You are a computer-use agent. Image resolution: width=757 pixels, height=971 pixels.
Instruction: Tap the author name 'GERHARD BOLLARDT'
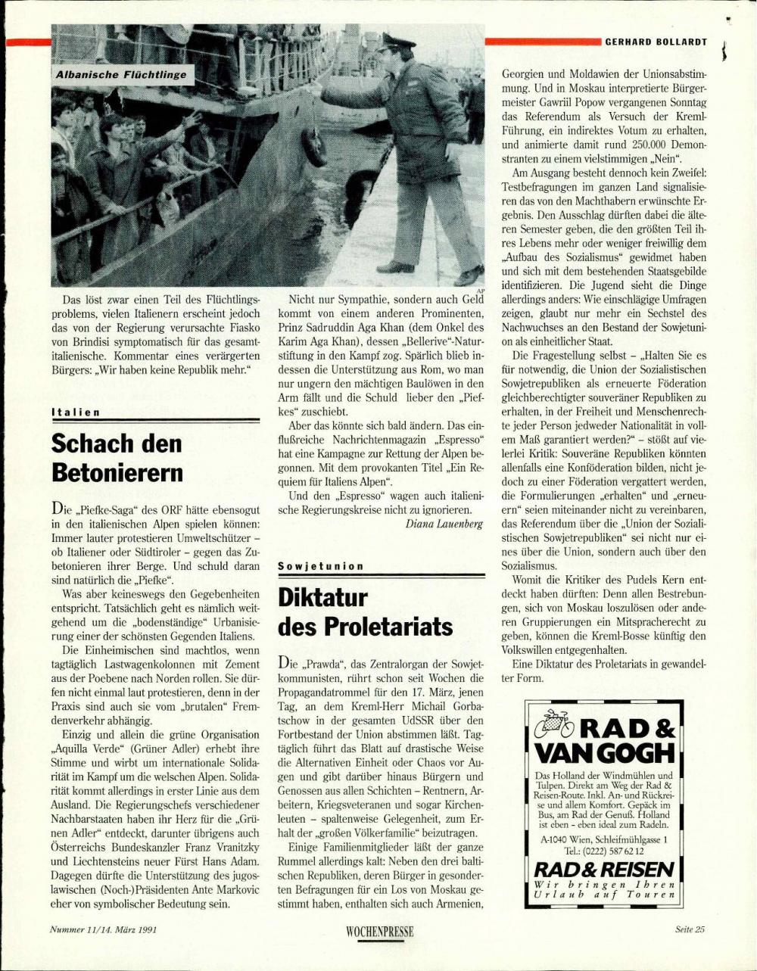coord(656,42)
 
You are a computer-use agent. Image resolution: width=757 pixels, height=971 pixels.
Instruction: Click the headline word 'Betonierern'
coord(117,472)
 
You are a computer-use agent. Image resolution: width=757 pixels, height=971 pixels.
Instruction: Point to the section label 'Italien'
coord(76,412)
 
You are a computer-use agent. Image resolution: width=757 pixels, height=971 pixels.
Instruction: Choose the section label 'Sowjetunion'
coord(321,565)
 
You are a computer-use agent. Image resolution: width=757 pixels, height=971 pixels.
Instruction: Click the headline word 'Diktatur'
coord(323,597)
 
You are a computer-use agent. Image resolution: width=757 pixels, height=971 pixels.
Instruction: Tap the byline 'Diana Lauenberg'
coord(444,523)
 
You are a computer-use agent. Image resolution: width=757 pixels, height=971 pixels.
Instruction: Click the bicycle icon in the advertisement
coord(557,724)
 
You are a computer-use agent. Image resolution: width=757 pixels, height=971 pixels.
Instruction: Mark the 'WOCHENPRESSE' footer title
coord(379,932)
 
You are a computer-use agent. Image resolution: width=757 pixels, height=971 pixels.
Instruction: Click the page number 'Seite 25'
coord(690,929)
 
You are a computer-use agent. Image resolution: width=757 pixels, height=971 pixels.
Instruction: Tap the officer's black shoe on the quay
coord(396,267)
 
